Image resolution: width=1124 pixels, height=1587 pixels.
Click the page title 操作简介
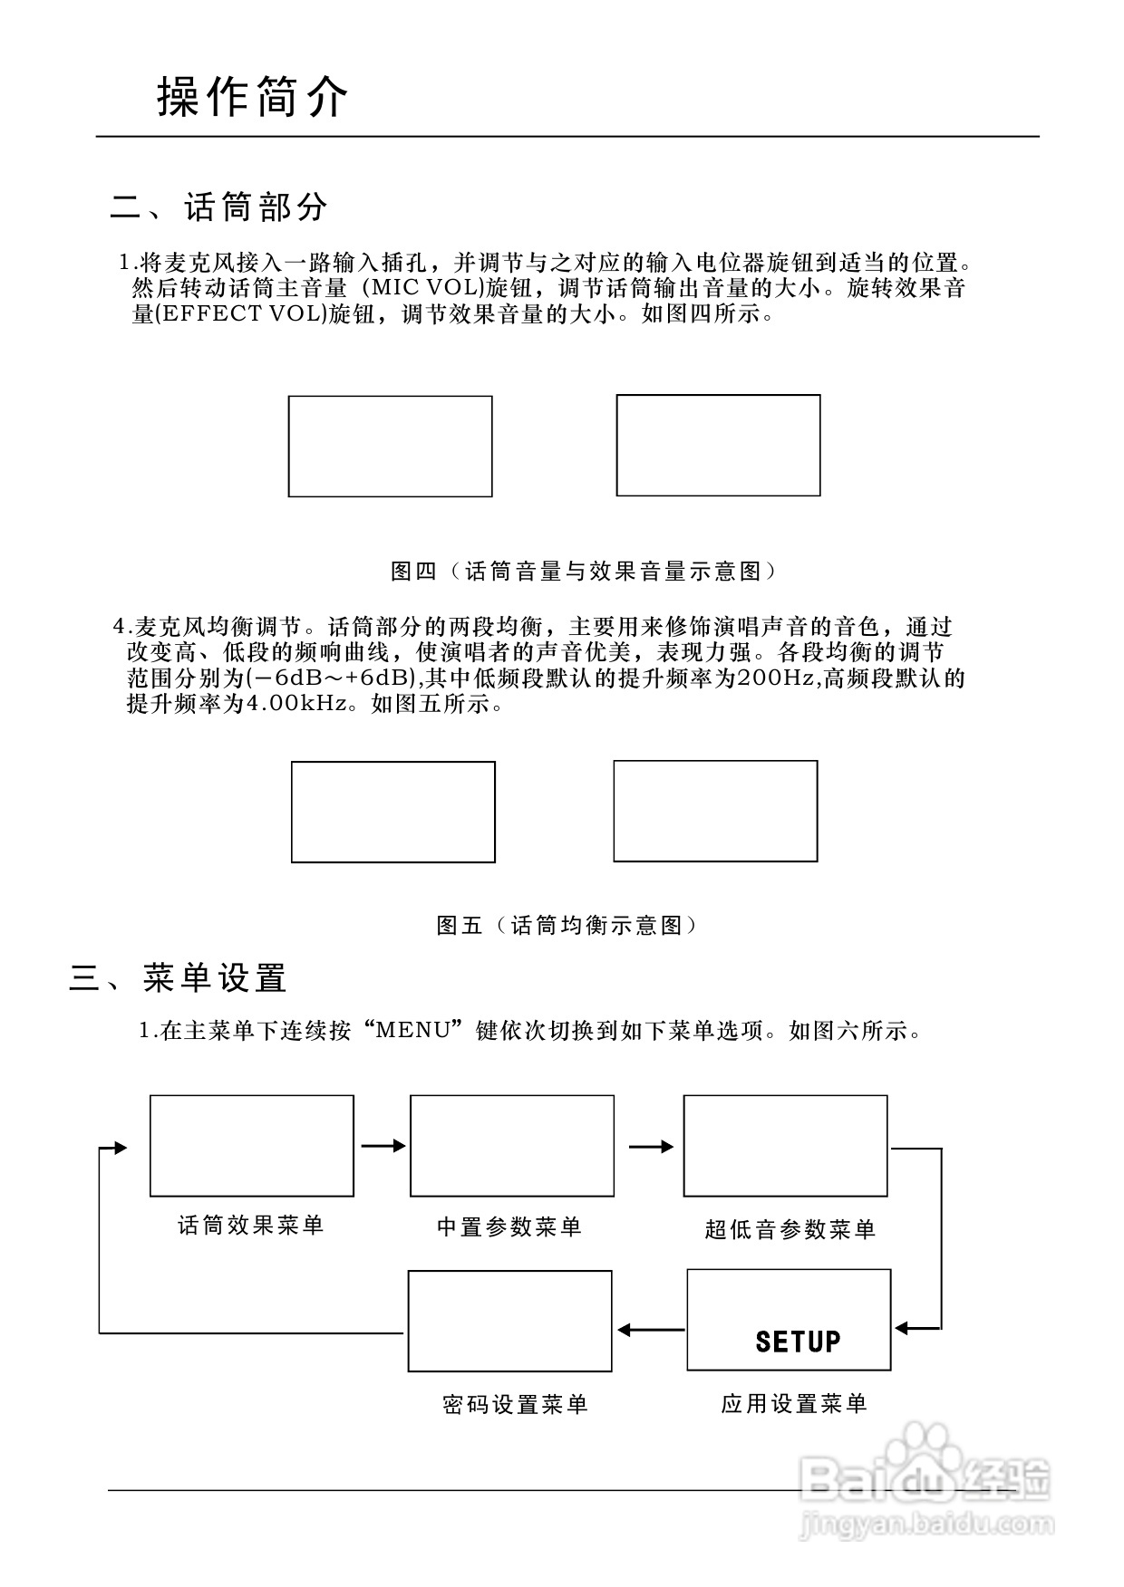[x=253, y=97]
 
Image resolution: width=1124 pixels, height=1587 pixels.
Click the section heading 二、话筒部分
[x=218, y=207]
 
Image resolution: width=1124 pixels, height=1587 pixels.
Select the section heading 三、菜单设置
[x=179, y=978]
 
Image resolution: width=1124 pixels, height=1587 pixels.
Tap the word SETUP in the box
[x=798, y=1342]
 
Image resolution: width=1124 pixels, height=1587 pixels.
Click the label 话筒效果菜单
[x=251, y=1226]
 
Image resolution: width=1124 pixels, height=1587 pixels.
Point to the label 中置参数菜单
[x=509, y=1227]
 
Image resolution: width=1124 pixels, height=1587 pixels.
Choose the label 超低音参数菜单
[x=790, y=1229]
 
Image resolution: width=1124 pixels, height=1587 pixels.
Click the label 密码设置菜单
[x=515, y=1405]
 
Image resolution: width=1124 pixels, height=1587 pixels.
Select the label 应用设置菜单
[x=794, y=1404]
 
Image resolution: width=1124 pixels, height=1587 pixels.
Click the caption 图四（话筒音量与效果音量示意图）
[x=585, y=571]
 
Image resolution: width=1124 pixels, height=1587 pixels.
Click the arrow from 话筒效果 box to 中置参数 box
[x=383, y=1146]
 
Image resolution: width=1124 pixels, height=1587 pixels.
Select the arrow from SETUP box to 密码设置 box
[x=651, y=1330]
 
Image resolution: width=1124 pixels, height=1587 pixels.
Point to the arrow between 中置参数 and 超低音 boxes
[x=652, y=1147]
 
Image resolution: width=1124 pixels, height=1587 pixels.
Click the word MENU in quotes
[x=412, y=1031]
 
